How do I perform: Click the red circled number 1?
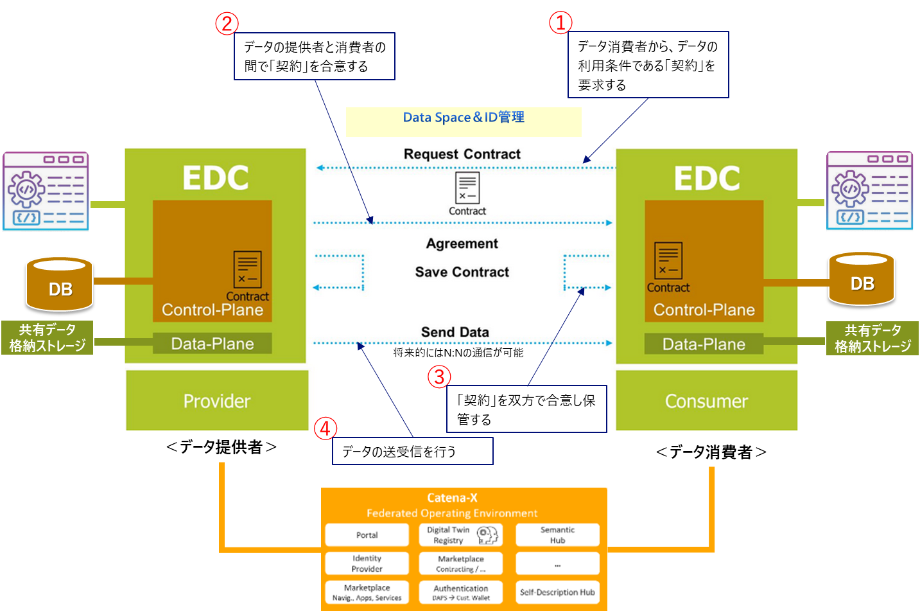pos(560,22)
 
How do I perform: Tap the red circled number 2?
pos(227,24)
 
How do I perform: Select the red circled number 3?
pos(440,376)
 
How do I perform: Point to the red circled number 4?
pos(325,428)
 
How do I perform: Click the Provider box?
pos(217,401)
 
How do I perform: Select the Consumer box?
pos(706,401)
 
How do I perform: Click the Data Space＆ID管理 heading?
pos(464,118)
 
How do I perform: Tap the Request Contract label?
pos(462,154)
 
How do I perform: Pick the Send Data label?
pos(455,332)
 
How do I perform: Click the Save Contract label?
pos(462,272)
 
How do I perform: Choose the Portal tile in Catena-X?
pos(367,535)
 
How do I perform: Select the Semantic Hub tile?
pos(557,535)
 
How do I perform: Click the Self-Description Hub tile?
pos(557,592)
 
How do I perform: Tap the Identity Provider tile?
pos(367,563)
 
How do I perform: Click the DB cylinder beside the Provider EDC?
pos(60,284)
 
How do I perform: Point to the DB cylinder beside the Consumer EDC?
pos(862,279)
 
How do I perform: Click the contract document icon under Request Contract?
pos(467,188)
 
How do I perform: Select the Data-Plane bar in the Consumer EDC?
pos(704,344)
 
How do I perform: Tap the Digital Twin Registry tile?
pos(461,535)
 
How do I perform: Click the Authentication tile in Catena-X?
pos(461,592)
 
